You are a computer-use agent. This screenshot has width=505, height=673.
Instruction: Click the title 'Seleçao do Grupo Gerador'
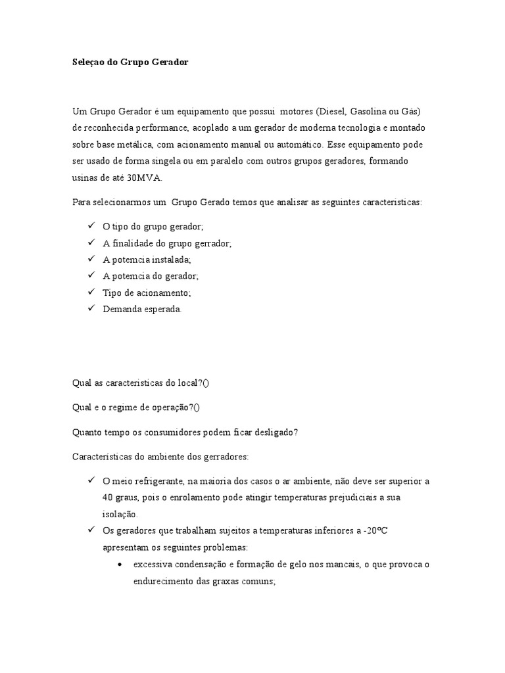pyautogui.click(x=130, y=62)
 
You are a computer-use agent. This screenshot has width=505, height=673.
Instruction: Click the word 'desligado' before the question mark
pyautogui.click(x=271, y=432)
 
